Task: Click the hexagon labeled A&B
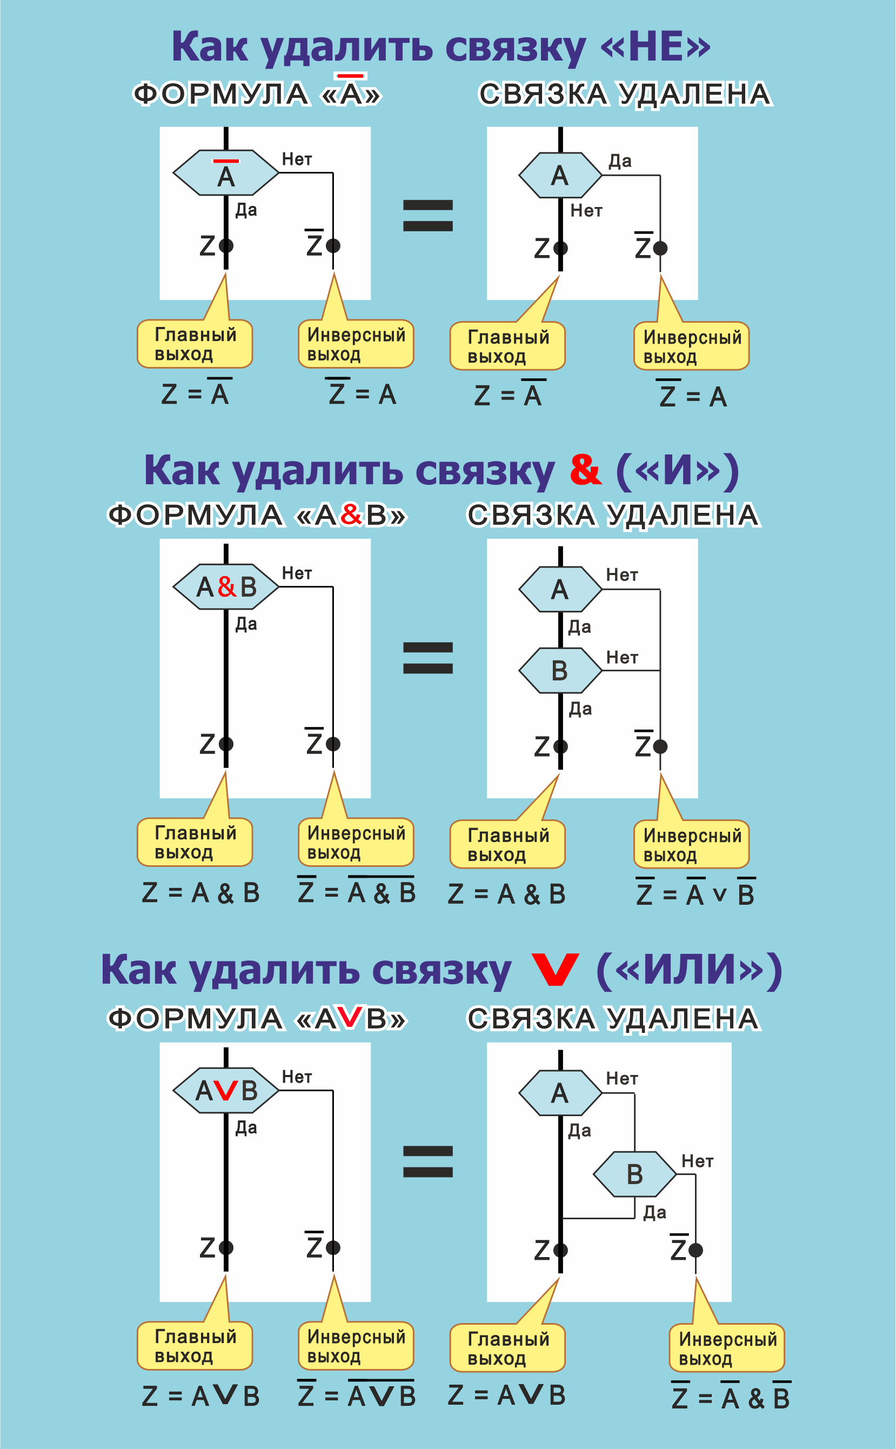pos(226,587)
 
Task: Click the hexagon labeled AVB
pos(226,1091)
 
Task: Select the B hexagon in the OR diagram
pos(634,1174)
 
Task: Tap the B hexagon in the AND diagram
pos(560,670)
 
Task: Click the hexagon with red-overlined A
pos(226,172)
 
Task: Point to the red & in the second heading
pos(585,470)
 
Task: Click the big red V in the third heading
pos(554,970)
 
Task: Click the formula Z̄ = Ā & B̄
pos(731,1398)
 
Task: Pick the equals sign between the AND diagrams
pos(428,658)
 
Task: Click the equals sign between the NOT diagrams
pos(428,215)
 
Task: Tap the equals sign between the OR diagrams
pos(428,1161)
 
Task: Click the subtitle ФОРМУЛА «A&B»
pos(257,515)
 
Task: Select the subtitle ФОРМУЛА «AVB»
pos(257,1019)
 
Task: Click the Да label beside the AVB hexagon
pos(246,1127)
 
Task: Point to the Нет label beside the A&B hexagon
pos(296,573)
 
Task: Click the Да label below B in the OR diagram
pos(655,1212)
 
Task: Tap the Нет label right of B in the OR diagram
pos(697,1161)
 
